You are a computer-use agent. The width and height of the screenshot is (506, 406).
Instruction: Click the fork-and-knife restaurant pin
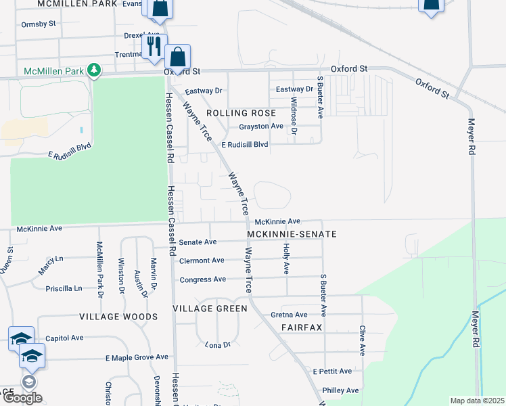[x=154, y=45]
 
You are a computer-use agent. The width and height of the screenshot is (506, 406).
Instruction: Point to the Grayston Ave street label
[x=260, y=127]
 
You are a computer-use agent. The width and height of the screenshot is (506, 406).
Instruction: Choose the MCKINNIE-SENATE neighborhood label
[x=292, y=234]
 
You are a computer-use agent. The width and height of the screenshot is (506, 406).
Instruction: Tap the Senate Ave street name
[x=198, y=242]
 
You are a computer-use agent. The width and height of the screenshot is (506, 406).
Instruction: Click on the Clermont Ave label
[x=202, y=261]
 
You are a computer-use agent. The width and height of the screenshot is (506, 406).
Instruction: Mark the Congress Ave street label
[x=202, y=279]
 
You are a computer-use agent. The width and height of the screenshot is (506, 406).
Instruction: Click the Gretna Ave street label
[x=289, y=315]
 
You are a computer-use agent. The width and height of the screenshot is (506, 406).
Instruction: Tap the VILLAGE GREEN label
[x=210, y=308]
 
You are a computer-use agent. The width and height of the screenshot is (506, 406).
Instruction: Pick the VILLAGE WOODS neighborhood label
[x=119, y=317]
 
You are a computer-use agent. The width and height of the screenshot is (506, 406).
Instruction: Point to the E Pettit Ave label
[x=332, y=371]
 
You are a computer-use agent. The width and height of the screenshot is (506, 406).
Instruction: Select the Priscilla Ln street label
[x=64, y=288]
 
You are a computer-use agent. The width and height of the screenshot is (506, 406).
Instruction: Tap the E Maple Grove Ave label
[x=136, y=357]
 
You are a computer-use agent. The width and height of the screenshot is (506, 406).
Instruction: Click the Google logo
[x=22, y=398]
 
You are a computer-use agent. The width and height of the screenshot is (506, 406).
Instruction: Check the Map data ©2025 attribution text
[x=477, y=401]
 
